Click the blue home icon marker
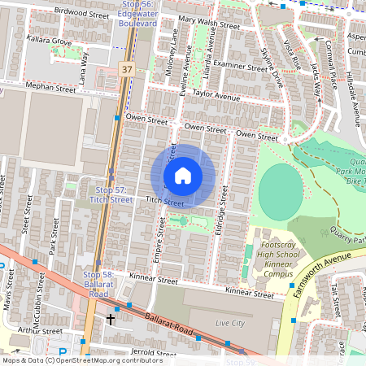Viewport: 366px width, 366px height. [183, 176]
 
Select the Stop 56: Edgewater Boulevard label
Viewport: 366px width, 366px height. [136, 13]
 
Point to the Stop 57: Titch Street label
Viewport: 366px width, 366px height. [111, 194]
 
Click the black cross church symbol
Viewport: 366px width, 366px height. [111, 320]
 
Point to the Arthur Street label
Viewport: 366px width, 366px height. [41, 331]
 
